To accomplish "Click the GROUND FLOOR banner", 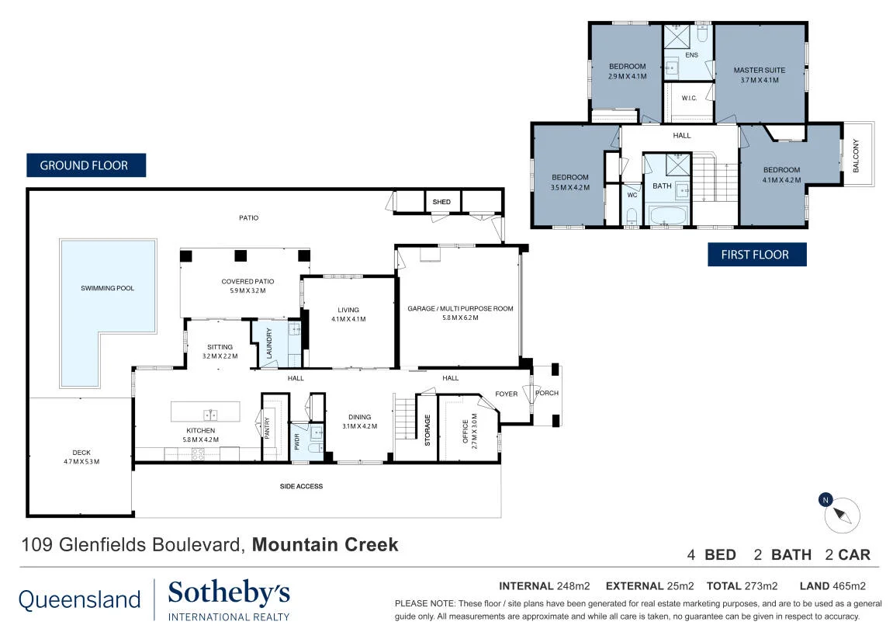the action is pos(86,165).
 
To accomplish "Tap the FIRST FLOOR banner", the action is pos(757,255).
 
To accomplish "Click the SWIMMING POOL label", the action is pos(108,288).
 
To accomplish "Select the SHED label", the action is pos(441,202).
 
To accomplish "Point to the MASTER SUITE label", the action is pos(759,70).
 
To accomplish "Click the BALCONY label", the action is pos(856,155).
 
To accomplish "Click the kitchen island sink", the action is pos(210,415).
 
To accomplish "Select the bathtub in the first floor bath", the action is pos(668,216).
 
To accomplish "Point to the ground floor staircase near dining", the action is pos(406,418).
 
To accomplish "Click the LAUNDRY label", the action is pos(269,343).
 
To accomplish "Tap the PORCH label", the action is pos(547,393).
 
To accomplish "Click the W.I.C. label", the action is pos(689,98).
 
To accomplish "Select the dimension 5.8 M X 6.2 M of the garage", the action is pos(460,318).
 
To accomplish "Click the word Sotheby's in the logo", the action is pos(229,594).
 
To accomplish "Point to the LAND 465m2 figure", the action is pos(832,586).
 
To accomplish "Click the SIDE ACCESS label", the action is pos(301,486).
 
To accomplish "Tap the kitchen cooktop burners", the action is pos(198,454).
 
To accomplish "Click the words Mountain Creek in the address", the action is pos(325,545).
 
